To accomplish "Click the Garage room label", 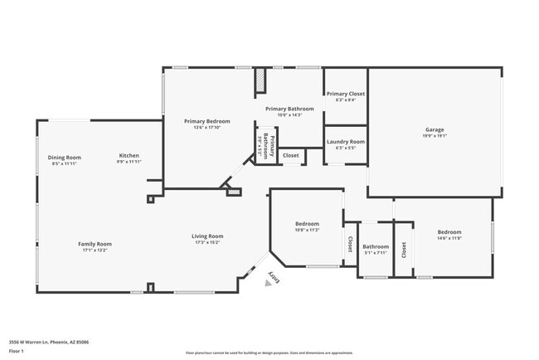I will (435, 129).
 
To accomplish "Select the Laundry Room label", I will (345, 142).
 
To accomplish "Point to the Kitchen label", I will (129, 156).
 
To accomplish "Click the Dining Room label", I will (64, 158).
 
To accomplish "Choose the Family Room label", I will (95, 244).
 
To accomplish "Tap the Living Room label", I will (208, 236).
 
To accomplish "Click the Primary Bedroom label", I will (206, 121).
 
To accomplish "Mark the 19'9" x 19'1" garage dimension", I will (435, 135).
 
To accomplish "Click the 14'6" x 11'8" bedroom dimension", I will (449, 238).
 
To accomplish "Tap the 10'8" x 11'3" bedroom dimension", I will (307, 230).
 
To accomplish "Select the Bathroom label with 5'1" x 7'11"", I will (376, 246).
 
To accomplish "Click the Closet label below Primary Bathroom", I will (291, 155).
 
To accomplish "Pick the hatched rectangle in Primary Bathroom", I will (260, 80).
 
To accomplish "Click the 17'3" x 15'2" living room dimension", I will (208, 242).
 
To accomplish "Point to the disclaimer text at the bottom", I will (269, 353).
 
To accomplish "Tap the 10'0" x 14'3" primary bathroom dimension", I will (289, 115).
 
